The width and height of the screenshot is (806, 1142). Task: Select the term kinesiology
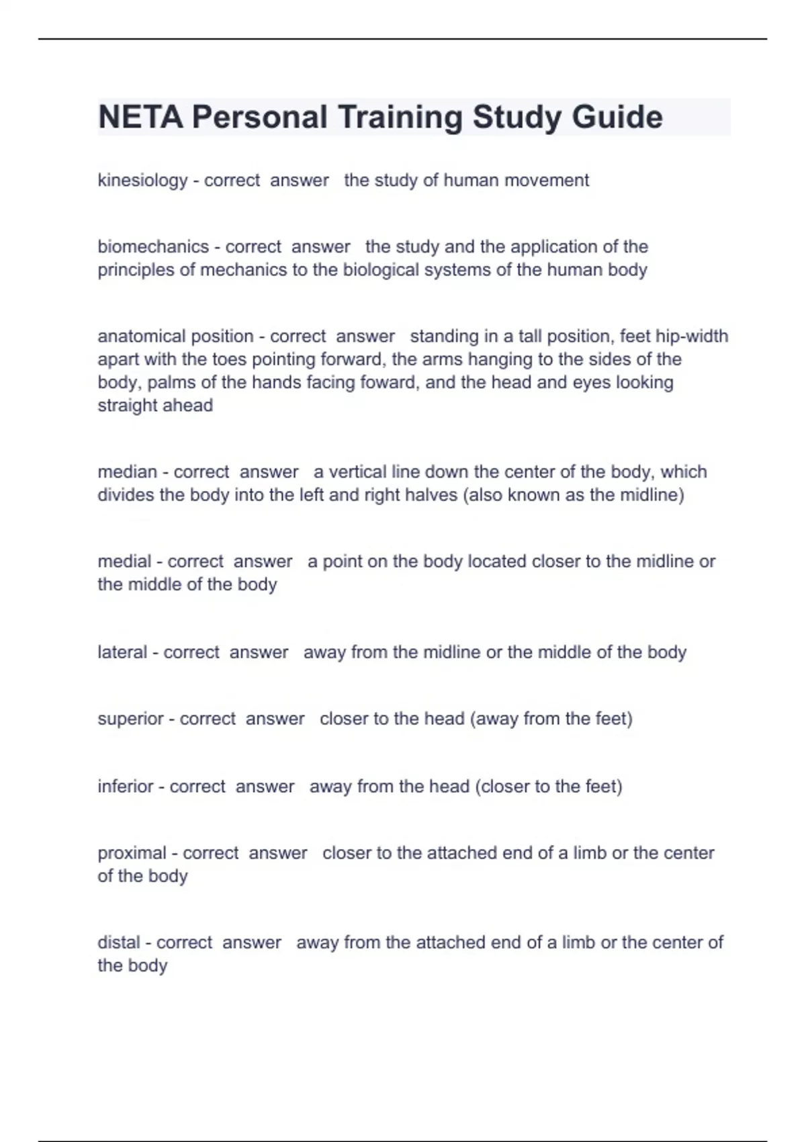[x=142, y=180]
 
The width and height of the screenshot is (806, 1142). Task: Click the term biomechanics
[x=153, y=247]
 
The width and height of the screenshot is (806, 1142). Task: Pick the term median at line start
[x=127, y=472]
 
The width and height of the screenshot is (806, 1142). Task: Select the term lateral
[x=122, y=652]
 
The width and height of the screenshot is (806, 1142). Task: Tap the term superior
[x=130, y=719]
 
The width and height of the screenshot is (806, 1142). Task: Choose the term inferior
[x=125, y=786]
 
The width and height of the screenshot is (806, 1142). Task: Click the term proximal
[x=132, y=853]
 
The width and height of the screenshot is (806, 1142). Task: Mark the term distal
[x=118, y=942]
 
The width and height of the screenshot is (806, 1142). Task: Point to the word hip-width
[x=692, y=336]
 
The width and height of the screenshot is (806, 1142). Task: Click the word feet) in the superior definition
[x=614, y=719]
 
